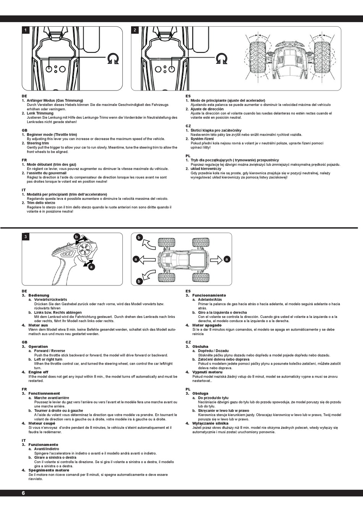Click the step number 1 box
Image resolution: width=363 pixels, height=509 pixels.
pyautogui.click(x=26, y=30)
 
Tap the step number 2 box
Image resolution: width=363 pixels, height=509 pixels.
pyautogui.click(x=135, y=30)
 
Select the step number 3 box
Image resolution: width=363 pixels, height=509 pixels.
pyautogui.click(x=26, y=237)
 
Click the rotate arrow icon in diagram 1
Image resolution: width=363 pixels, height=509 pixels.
pyautogui.click(x=113, y=58)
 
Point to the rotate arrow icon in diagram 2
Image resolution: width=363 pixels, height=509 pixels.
pyautogui.click(x=222, y=58)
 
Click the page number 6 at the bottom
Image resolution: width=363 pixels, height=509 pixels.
pyautogui.click(x=23, y=493)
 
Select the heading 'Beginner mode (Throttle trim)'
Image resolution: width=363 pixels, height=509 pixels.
pyautogui.click(x=52, y=135)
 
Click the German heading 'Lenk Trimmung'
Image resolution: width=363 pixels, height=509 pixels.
pyautogui.click(x=40, y=113)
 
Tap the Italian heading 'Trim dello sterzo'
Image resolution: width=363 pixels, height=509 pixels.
pyautogui.click(x=41, y=203)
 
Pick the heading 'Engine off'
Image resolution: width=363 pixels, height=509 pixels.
pyautogui.click(x=38, y=372)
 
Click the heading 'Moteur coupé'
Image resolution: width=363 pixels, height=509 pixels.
pyautogui.click(x=42, y=423)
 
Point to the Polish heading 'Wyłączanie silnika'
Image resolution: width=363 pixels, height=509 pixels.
pyautogui.click(x=210, y=423)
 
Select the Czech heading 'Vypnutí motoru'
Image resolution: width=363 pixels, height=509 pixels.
pyautogui.click(x=207, y=372)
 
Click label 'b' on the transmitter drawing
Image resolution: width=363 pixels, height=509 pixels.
pyautogui.click(x=76, y=237)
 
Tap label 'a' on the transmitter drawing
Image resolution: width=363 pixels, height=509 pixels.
pyautogui.click(x=91, y=267)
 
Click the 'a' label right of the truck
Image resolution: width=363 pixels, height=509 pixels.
pyautogui.click(x=227, y=259)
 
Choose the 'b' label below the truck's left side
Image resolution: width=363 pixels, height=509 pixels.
pyautogui.click(x=139, y=281)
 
